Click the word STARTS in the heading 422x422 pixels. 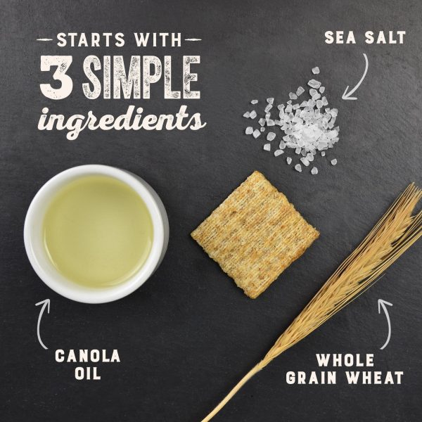(x=91, y=39)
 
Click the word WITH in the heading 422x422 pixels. (x=158, y=39)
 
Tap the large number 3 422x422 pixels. (x=56, y=77)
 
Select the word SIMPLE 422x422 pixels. (x=141, y=77)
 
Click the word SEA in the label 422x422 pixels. (x=340, y=37)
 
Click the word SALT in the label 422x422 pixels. (x=385, y=37)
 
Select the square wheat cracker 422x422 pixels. (x=255, y=234)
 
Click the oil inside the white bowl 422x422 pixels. (x=98, y=231)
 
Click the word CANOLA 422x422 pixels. (x=88, y=356)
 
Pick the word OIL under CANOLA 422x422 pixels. (x=88, y=373)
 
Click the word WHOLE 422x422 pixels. (x=345, y=360)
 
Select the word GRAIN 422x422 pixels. (x=311, y=377)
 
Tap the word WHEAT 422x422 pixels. (x=375, y=377)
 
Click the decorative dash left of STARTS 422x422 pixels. (x=45, y=40)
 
